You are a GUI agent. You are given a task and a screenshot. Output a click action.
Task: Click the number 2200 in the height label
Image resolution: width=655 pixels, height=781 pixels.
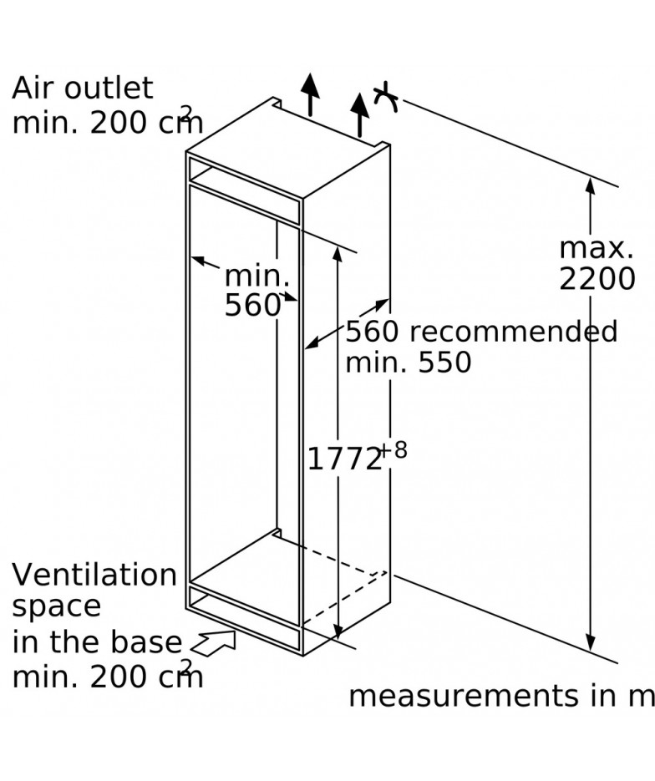coord(597,279)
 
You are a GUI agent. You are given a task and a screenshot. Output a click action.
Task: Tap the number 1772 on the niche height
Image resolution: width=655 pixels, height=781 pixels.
coord(343,459)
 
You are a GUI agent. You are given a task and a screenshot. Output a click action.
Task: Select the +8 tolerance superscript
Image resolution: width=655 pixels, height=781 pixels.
coord(394,450)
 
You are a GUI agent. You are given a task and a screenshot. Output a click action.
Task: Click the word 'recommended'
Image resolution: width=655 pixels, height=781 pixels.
coord(513,332)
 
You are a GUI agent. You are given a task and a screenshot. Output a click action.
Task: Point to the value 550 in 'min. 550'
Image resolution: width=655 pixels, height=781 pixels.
coord(444,363)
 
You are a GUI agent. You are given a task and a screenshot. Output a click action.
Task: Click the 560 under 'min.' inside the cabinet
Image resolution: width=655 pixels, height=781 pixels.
coord(252,305)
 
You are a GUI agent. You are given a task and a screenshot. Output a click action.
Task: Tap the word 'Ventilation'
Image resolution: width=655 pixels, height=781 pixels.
coord(94,575)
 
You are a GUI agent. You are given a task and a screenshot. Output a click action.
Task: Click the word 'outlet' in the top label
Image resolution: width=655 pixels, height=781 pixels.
coord(109,89)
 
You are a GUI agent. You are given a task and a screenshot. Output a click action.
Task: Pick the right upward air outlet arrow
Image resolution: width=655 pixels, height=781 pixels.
coord(359,114)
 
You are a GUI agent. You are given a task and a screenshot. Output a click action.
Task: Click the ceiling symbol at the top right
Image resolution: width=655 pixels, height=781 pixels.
coord(386,97)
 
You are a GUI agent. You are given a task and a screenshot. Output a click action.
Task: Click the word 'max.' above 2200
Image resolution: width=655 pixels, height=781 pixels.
coord(597,248)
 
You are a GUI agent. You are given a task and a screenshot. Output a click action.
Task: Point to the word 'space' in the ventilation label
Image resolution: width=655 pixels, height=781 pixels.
coord(56,607)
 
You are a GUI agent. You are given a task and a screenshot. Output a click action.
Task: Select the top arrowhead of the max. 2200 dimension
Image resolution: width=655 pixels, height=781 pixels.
coord(590,185)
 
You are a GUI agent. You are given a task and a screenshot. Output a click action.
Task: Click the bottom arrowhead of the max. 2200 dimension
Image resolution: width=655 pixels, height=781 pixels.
coord(590,642)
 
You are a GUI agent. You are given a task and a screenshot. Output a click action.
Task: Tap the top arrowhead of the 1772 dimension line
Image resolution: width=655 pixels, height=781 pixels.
coord(338,254)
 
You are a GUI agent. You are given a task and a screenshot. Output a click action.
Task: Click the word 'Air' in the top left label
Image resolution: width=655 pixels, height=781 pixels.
coord(33,89)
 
